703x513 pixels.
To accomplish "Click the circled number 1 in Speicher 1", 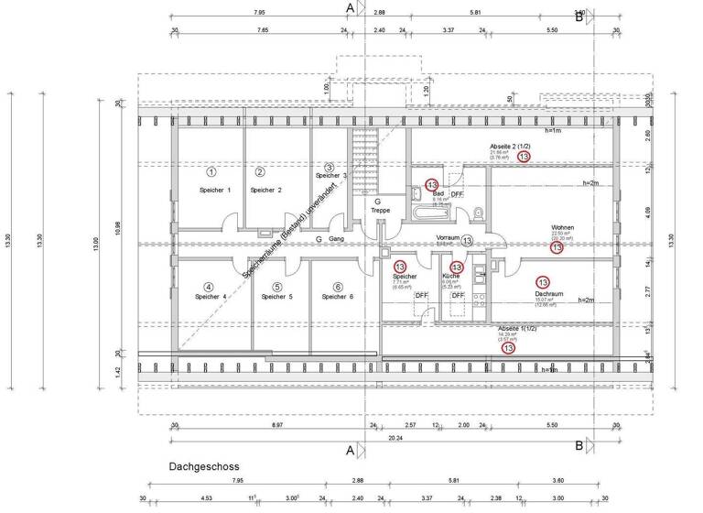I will click(211, 171).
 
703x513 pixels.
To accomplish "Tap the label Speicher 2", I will click(265, 190).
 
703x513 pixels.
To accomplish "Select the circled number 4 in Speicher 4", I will click(209, 286).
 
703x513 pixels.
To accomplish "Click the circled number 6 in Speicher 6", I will click(338, 286).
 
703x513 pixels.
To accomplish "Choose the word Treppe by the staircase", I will click(380, 210).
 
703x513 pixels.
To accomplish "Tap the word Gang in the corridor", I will click(335, 239).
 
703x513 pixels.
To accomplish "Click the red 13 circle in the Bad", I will click(432, 184).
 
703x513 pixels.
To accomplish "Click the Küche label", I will click(450, 276).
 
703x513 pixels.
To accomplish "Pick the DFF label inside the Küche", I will click(458, 296).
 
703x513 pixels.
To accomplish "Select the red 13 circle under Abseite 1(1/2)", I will click(508, 348).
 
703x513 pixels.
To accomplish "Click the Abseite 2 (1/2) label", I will click(510, 147).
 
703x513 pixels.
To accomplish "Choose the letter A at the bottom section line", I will click(351, 450).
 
